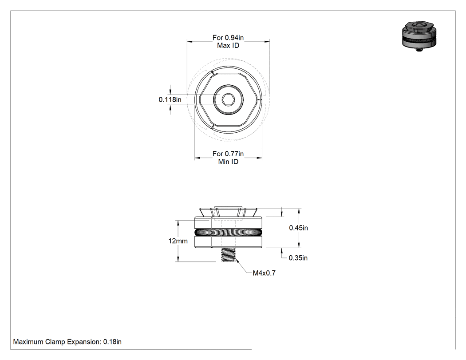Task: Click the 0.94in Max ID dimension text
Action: (228, 42)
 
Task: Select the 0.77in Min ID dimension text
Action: (228, 158)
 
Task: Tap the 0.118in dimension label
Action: (170, 99)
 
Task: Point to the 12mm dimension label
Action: (178, 241)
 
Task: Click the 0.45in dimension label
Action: (298, 228)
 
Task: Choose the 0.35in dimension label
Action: (298, 258)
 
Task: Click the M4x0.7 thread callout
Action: (264, 273)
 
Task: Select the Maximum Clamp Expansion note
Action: (67, 342)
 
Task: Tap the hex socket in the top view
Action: (228, 99)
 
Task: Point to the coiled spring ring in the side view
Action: (228, 232)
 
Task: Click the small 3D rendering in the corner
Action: (419, 36)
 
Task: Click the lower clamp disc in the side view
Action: (228, 241)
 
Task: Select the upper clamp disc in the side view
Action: (228, 223)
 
